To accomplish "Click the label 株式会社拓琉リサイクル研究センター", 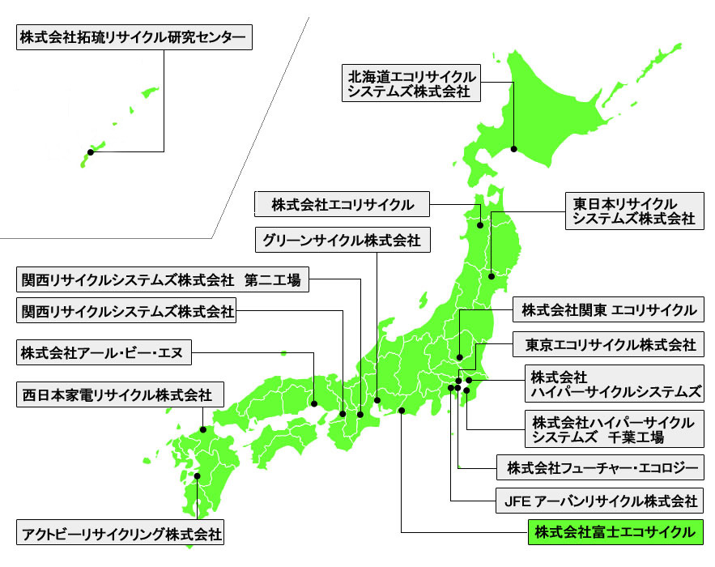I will coord(131,38).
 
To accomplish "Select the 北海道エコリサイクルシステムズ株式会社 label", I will coord(410,84).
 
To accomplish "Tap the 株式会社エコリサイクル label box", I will coord(343,204).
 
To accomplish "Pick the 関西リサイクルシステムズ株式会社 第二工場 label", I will coord(162,281).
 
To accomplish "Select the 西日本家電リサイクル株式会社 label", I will coord(117,395).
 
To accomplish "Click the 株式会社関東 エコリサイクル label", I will coord(608,310).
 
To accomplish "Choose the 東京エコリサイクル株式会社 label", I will coord(608,345).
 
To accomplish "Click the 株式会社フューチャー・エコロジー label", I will coord(601,467).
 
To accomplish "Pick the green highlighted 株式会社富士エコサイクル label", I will coord(614,532).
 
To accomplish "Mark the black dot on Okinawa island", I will coord(91,151).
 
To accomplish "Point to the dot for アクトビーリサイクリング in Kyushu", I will coord(197,476).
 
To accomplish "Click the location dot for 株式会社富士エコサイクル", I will coord(402,411).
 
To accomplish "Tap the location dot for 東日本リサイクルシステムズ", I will coord(492,273).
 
